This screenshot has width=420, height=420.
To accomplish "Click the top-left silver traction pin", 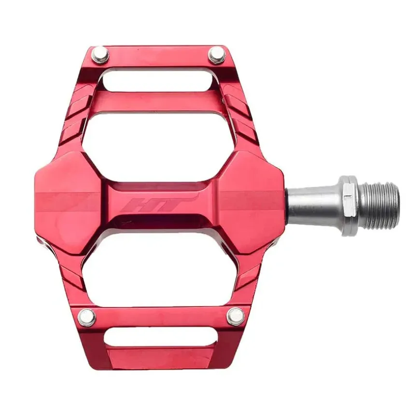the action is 100,55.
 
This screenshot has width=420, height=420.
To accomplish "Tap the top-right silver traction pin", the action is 217,55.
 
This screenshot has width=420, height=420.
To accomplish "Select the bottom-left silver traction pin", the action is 87,317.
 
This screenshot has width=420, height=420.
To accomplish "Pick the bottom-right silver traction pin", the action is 236,317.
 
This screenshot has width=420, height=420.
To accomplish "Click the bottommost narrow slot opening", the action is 160,338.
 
